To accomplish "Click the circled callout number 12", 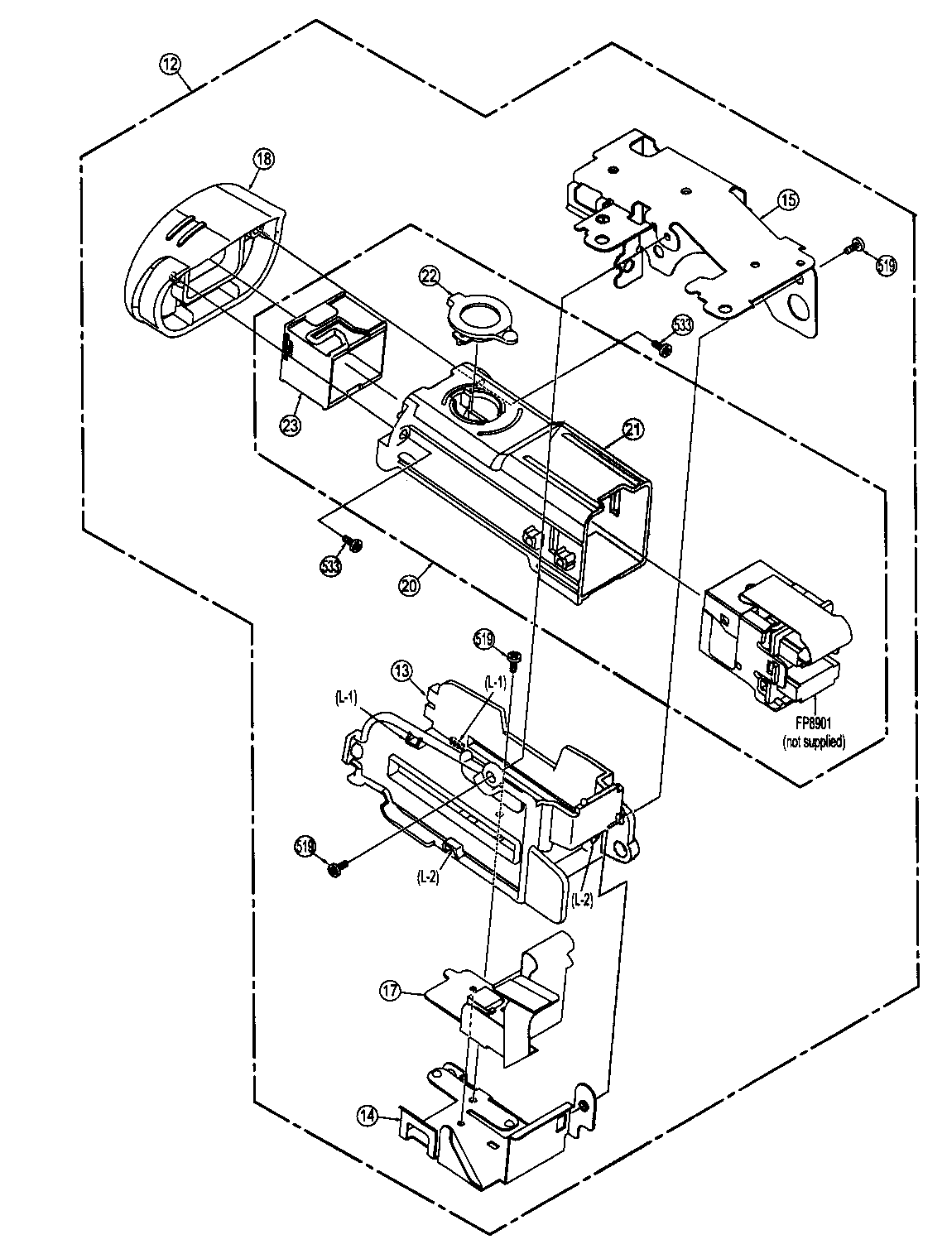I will coord(171,65).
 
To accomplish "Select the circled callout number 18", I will coord(263,160).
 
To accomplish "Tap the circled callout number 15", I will coord(787,199).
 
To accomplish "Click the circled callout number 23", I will coord(290,425).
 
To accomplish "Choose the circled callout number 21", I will coord(633,428).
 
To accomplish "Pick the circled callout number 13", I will coord(403,670).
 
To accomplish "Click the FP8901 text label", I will coord(813,728).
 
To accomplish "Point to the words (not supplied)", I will coord(814,742).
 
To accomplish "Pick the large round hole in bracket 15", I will coord(800,309).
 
